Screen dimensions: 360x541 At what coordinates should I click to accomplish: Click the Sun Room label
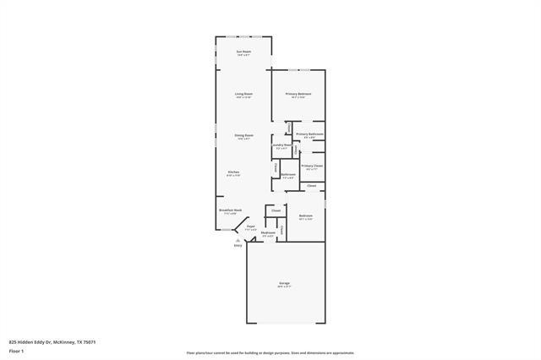243,52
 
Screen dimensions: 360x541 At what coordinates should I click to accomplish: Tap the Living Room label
243,93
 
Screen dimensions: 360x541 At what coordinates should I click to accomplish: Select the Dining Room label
243,135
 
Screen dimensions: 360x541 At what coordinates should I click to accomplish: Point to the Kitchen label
233,172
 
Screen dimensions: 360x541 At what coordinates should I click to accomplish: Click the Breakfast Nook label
231,210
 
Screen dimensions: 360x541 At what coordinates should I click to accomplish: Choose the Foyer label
250,226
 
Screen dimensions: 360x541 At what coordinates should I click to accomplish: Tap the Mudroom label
269,233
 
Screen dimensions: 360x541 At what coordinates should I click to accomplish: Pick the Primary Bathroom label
309,134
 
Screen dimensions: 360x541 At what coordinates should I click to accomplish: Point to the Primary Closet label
312,166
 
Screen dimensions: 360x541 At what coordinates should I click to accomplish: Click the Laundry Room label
281,145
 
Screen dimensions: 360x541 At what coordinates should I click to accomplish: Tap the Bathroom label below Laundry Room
288,175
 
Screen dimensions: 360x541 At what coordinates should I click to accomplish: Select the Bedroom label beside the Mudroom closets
306,216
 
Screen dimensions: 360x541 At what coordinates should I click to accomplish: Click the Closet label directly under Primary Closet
311,185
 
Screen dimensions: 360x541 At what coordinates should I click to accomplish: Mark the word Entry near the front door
238,245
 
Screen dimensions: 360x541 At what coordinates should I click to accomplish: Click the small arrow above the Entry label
238,240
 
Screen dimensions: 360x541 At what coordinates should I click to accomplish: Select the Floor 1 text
16,350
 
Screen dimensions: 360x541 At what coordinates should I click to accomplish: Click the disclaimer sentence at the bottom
270,352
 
